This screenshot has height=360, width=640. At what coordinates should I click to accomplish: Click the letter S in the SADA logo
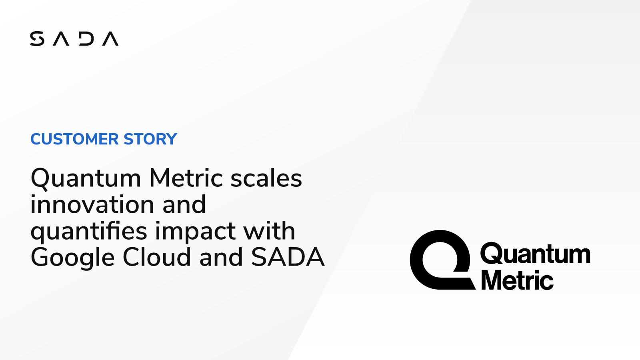(x=37, y=39)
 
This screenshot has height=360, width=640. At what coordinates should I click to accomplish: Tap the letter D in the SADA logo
(x=86, y=39)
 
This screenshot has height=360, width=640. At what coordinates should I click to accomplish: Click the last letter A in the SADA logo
(x=110, y=39)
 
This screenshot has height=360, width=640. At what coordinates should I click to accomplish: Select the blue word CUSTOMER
(x=74, y=139)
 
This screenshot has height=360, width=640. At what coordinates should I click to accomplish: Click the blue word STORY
(x=150, y=139)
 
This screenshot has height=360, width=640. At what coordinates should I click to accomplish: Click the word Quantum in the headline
(x=86, y=178)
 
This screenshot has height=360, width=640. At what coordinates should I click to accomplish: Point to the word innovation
(x=92, y=204)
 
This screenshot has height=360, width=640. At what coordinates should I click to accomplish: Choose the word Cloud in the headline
(x=157, y=257)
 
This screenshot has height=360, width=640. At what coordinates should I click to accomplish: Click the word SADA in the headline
(x=288, y=257)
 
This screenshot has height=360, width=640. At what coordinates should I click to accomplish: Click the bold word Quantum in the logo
(x=535, y=254)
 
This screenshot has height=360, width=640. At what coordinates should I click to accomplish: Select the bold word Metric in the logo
(x=517, y=280)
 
